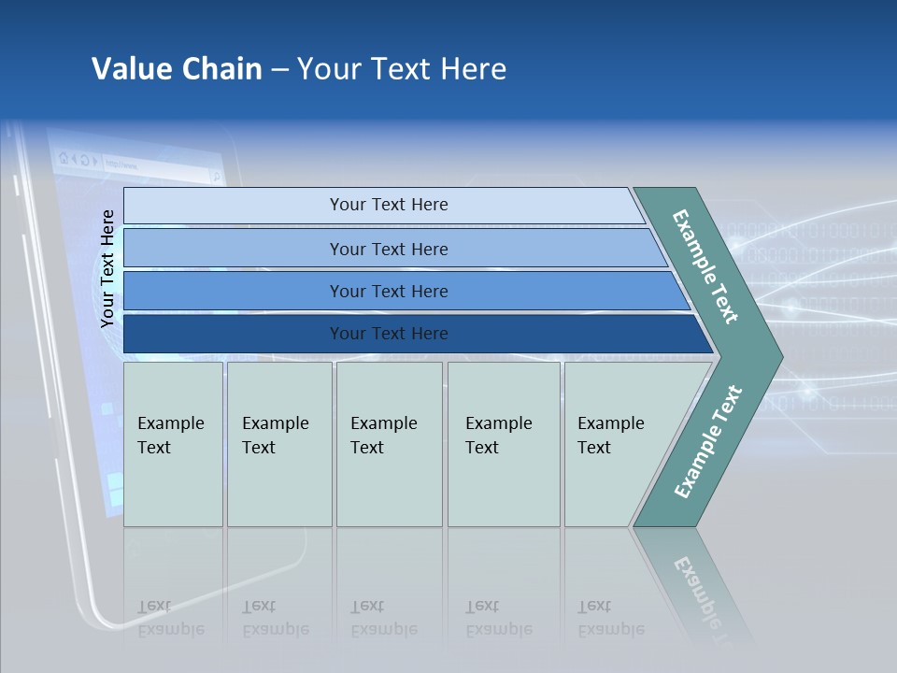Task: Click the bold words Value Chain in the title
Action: click(x=177, y=69)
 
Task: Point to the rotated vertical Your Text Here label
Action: click(x=107, y=268)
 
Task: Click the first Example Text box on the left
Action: click(x=173, y=444)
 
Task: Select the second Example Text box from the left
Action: click(x=279, y=444)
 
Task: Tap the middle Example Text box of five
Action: click(x=389, y=444)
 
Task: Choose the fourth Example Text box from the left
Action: click(x=504, y=444)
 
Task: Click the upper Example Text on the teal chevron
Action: click(x=705, y=266)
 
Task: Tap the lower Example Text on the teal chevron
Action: click(x=707, y=442)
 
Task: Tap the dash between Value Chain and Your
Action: click(x=279, y=70)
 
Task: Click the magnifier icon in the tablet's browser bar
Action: click(x=215, y=175)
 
